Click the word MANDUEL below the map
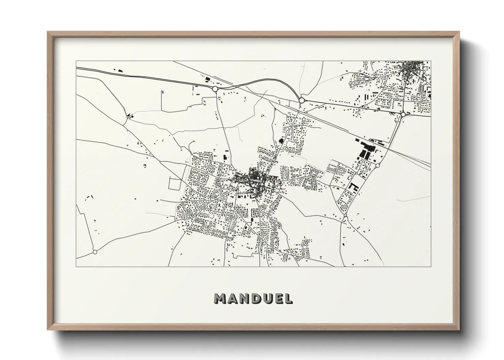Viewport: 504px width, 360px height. [253, 299]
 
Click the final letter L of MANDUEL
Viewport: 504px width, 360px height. [288, 299]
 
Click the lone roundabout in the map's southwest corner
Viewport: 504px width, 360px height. [95, 252]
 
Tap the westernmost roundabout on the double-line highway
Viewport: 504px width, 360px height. [215, 89]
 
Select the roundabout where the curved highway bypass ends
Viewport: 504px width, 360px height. [301, 100]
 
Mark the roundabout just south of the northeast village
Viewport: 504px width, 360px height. [403, 115]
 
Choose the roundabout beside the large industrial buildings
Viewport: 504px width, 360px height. [378, 165]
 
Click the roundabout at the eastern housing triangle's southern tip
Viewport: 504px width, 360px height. [345, 216]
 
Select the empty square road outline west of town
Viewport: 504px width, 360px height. [175, 184]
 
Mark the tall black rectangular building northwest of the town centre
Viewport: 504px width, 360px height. [225, 158]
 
